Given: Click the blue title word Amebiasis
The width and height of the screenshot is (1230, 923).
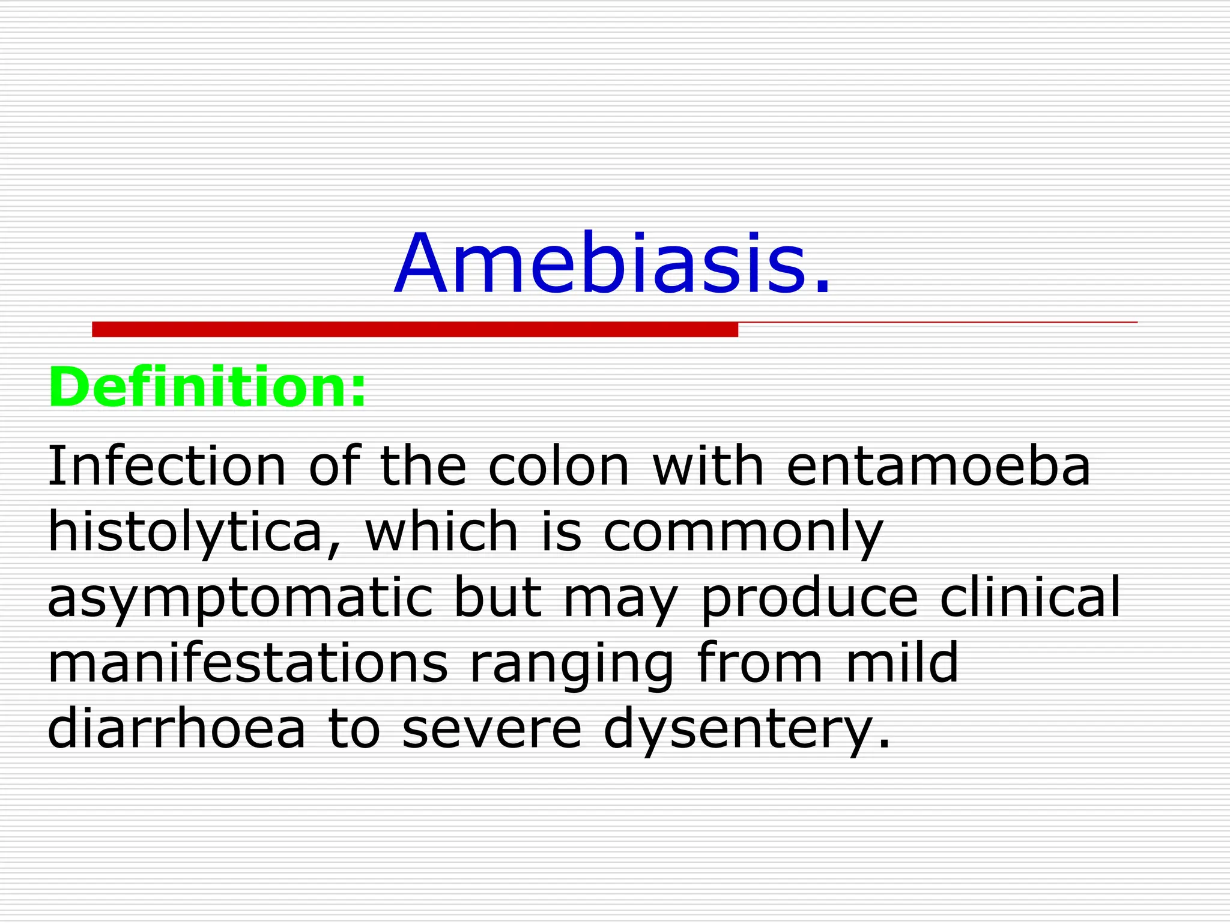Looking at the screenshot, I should point(613,265).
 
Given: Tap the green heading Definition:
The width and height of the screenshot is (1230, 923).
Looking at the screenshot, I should point(207,388).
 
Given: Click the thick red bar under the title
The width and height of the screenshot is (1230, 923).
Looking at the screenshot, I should point(414,329).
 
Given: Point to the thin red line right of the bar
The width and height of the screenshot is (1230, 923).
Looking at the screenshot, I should point(937,323).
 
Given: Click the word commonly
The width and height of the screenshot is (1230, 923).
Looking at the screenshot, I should point(743,534).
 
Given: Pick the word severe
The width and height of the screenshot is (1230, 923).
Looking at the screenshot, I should point(492,730).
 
